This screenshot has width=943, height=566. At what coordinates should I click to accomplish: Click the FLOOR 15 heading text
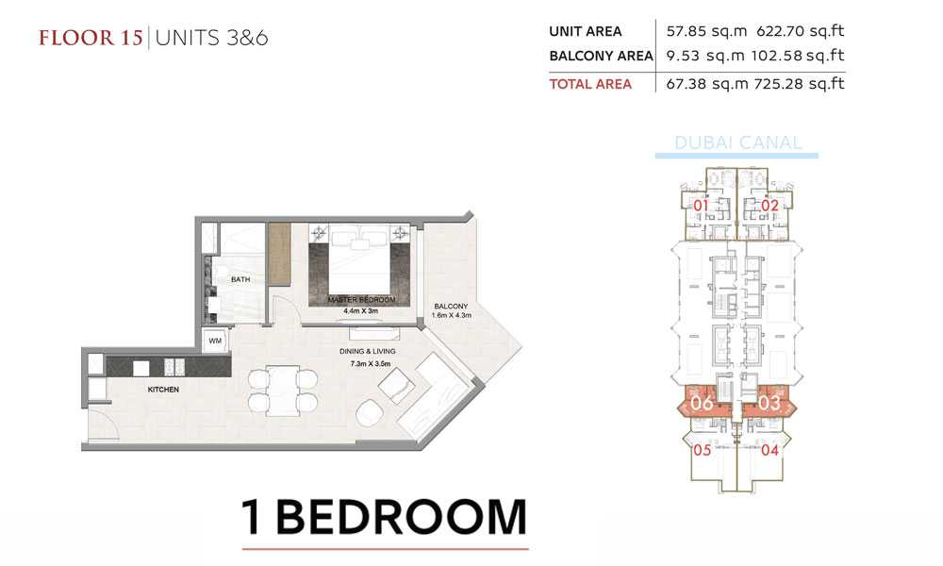click(x=91, y=38)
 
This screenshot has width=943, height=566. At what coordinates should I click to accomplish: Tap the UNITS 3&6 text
click(x=211, y=38)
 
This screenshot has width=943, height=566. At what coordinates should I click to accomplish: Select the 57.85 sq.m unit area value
click(x=706, y=31)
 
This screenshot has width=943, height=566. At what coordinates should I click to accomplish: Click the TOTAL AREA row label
click(x=590, y=84)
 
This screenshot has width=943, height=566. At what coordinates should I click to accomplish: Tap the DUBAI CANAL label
click(x=738, y=142)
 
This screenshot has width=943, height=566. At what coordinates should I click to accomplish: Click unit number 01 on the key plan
click(x=702, y=206)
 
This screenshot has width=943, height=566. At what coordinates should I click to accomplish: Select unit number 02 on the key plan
click(x=769, y=206)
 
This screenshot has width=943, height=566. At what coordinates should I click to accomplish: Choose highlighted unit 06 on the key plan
click(x=702, y=403)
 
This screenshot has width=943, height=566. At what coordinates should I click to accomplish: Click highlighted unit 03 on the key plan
click(x=769, y=403)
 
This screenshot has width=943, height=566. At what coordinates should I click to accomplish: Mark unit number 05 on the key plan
click(x=703, y=450)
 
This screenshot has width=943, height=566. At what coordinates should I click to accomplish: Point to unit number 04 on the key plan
click(x=769, y=450)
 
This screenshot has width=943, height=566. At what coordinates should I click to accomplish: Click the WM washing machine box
click(x=215, y=341)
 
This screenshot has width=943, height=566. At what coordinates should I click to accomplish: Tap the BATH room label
click(x=240, y=279)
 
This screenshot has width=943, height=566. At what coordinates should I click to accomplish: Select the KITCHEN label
click(x=163, y=390)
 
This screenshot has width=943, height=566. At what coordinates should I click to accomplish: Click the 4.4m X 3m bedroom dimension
click(x=361, y=311)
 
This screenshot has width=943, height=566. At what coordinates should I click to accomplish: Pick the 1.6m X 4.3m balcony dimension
click(x=451, y=315)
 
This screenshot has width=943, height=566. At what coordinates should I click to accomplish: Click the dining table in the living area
click(x=283, y=391)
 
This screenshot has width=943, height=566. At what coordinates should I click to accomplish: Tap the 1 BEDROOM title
click(x=385, y=517)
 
